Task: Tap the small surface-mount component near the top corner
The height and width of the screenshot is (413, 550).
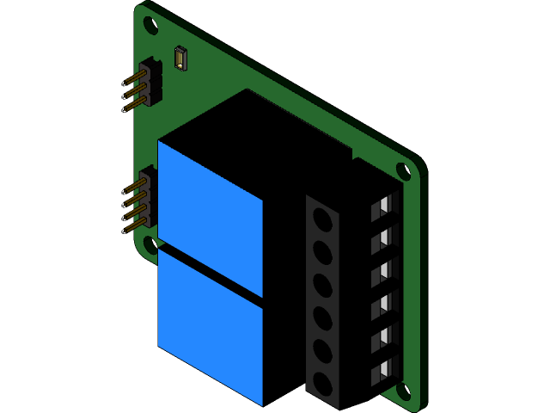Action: coord(180,59)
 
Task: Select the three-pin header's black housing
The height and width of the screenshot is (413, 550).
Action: coord(151,83)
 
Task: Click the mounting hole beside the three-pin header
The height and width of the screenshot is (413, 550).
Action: coord(150,25)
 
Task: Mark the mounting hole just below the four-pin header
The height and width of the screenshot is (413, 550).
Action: coord(150,245)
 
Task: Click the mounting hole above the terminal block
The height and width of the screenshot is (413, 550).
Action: coord(402,170)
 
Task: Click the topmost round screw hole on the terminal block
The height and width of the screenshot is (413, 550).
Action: coord(323,220)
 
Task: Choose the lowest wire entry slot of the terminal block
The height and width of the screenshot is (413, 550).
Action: coord(384,373)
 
